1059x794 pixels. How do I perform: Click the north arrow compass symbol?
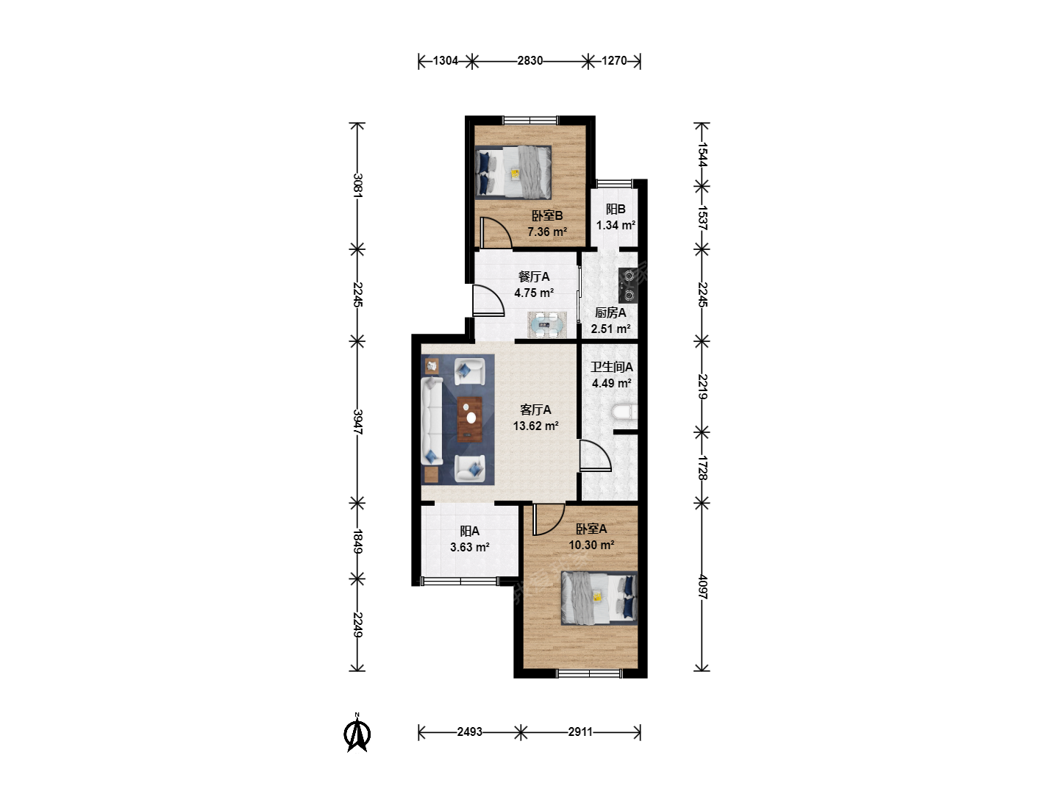pyautogui.click(x=357, y=733)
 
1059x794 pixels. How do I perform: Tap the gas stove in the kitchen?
pyautogui.click(x=628, y=285)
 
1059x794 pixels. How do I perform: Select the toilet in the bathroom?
pyautogui.click(x=624, y=412)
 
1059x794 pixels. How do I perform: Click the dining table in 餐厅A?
pyautogui.click(x=546, y=325)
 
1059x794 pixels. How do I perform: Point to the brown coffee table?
pyautogui.click(x=469, y=419)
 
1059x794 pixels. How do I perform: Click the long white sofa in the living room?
pyautogui.click(x=432, y=421)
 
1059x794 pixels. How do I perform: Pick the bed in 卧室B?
pyautogui.click(x=513, y=173)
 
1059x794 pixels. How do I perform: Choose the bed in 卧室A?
pyautogui.click(x=599, y=598)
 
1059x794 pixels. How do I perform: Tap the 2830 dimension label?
pyautogui.click(x=529, y=61)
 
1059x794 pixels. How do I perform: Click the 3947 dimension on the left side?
pyautogui.click(x=357, y=422)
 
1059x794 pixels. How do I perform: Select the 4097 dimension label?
pyautogui.click(x=702, y=587)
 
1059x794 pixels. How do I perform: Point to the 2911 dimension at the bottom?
pyautogui.click(x=580, y=732)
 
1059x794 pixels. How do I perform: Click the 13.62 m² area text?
pyautogui.click(x=535, y=426)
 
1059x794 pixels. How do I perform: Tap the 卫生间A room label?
pyautogui.click(x=612, y=367)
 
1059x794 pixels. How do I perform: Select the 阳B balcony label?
pyautogui.click(x=616, y=210)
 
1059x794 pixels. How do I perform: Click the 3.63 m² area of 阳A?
pyautogui.click(x=469, y=547)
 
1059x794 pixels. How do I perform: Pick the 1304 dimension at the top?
pyautogui.click(x=445, y=61)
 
